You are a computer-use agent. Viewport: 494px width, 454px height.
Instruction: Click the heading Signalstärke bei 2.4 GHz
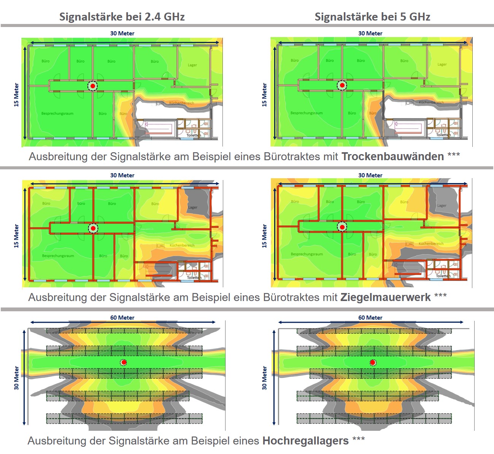coord(122,17)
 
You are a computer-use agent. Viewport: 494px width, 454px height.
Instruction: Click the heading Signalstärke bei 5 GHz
coord(372,17)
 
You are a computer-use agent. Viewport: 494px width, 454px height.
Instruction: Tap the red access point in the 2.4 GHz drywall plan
coord(92,86)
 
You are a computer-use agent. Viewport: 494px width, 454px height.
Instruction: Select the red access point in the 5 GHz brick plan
coord(342,227)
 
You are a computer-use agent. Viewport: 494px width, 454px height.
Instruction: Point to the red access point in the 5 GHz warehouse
coord(373,362)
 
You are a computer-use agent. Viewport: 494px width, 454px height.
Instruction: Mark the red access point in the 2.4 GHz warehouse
coord(124,362)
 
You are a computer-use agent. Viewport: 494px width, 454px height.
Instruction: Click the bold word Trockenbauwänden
coord(392,156)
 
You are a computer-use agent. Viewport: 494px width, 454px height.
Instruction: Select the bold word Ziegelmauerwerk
coord(385,297)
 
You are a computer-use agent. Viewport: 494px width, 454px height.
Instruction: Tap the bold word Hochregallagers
coord(305,441)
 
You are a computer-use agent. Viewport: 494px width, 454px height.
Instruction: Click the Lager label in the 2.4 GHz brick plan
coord(193,207)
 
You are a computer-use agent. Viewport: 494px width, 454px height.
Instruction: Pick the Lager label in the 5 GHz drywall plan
coord(442,64)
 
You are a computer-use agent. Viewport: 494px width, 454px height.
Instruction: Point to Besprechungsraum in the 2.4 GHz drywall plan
coord(57,113)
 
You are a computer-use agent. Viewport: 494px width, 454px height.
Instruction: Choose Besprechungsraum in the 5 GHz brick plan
coord(307,254)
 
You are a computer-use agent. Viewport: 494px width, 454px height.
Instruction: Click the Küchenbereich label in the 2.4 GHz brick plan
coord(182,245)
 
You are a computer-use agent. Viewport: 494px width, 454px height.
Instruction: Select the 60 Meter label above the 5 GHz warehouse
coord(370,318)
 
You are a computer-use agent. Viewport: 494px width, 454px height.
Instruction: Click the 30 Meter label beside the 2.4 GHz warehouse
coord(16,378)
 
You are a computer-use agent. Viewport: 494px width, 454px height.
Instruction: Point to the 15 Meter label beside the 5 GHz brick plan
coord(264,236)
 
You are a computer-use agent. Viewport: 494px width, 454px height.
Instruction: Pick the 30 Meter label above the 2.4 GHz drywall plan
coord(122,33)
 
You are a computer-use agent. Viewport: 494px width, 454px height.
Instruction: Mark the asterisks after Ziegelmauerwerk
coord(440,295)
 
